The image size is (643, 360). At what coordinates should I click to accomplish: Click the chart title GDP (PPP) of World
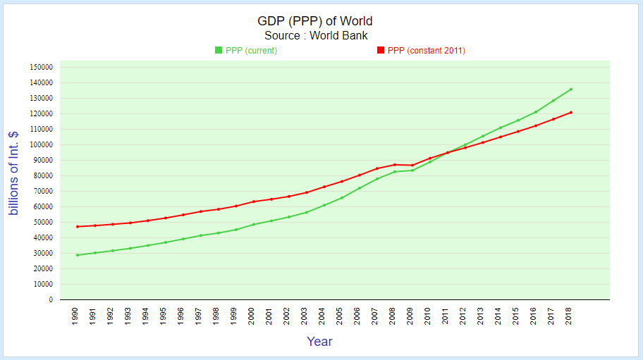pos(316,21)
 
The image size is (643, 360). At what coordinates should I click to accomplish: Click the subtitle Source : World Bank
pos(316,35)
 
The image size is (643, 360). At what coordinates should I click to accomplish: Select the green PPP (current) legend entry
pos(246,50)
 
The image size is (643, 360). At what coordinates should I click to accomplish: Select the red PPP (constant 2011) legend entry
pos(421,50)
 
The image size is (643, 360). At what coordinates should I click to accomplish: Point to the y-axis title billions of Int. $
pos(14,173)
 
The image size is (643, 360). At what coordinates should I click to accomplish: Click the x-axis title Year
pos(319,342)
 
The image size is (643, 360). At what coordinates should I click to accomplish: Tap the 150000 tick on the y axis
pos(42,67)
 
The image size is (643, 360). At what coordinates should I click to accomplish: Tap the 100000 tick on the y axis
pos(42,144)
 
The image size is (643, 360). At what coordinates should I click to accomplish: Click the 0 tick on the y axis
pos(51,299)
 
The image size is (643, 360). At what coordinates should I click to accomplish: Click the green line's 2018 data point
pos(571,89)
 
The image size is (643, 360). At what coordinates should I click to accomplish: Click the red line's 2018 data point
pos(571,112)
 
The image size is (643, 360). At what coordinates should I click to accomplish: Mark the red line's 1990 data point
pos(78,226)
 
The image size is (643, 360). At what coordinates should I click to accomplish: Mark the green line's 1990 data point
pos(78,255)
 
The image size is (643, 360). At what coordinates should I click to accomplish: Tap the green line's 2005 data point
pos(342,197)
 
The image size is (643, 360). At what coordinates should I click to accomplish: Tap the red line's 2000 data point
pos(254,201)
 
